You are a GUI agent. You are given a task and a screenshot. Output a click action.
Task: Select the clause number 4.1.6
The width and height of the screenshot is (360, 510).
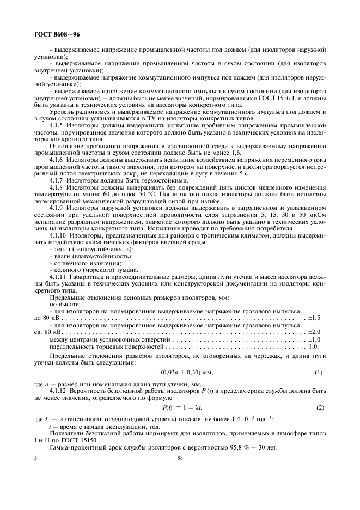point(58,159)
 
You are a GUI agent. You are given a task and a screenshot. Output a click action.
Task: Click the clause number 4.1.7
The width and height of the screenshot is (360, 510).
point(58,180)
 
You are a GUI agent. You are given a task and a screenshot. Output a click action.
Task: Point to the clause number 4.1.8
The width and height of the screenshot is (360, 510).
point(58,187)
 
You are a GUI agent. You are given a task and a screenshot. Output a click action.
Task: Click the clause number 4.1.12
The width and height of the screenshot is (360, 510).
point(59,391)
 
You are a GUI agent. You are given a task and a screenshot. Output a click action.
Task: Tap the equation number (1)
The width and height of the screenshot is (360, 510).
point(320,372)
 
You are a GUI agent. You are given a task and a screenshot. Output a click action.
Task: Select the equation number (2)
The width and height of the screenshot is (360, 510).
point(320,408)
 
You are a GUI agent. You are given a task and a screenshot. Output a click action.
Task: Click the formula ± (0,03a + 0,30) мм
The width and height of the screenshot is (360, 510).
point(180,372)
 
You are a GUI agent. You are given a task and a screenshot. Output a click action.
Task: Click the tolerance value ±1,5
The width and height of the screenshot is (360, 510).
point(315,318)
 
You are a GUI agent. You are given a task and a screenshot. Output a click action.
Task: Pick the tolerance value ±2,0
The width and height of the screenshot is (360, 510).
point(315,332)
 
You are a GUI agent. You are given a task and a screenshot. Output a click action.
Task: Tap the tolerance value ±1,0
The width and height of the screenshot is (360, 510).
point(315,339)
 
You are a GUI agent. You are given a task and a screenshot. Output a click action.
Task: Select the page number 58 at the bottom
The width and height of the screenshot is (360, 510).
point(180,459)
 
